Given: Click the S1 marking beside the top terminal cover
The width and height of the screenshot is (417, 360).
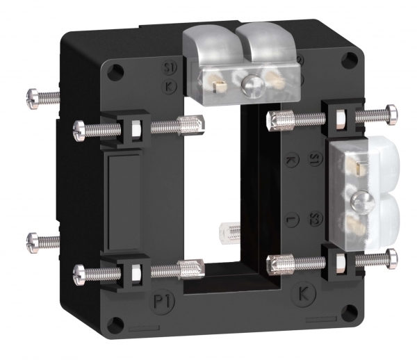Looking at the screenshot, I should pyautogui.click(x=168, y=68).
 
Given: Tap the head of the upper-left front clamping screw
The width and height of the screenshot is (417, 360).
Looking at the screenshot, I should pyautogui.click(x=79, y=128).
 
